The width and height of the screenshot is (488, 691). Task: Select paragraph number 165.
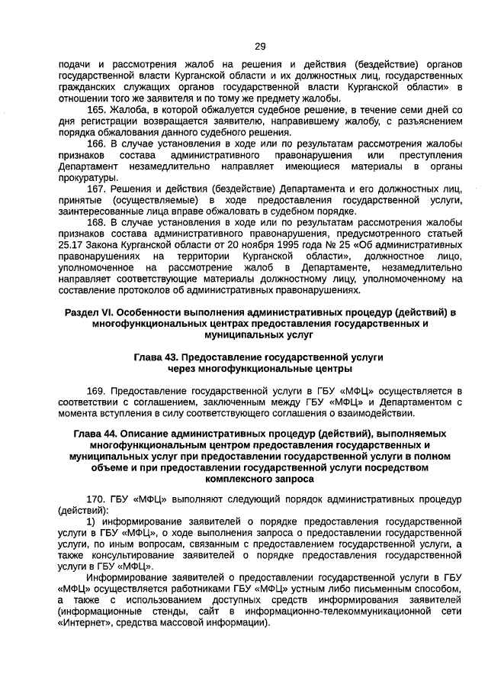(97, 110)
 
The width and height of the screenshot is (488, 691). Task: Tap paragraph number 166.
(97, 143)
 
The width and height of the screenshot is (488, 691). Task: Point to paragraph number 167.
(97, 188)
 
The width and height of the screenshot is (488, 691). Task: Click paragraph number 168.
(97, 222)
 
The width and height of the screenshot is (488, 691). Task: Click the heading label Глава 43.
(160, 357)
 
